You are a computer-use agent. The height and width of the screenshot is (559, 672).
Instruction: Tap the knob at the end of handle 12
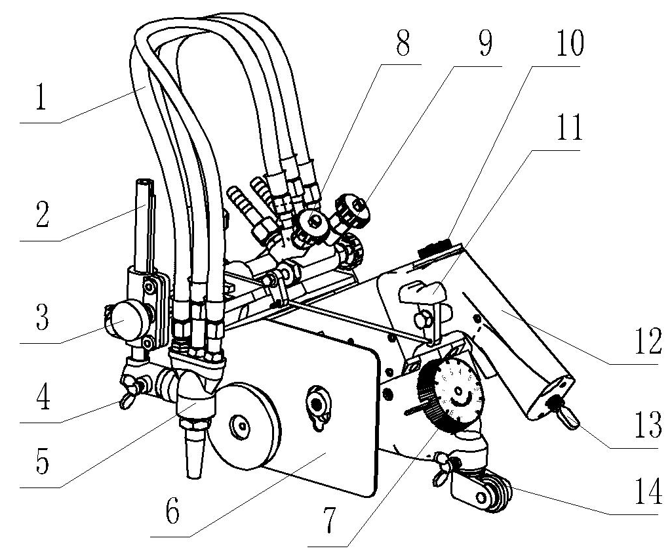[x=565, y=414]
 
